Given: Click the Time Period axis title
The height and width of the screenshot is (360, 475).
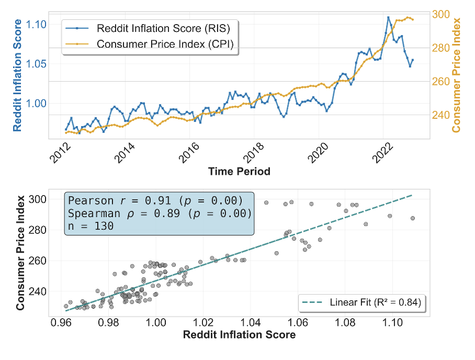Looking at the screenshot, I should (x=239, y=171).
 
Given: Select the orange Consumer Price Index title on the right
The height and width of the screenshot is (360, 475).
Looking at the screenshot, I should (x=456, y=75).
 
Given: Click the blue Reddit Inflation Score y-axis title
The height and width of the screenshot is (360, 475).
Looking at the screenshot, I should (x=17, y=75).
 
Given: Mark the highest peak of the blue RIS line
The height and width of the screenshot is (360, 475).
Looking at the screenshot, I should (x=388, y=17).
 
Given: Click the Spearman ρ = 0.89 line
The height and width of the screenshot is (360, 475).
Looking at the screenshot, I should (x=160, y=214).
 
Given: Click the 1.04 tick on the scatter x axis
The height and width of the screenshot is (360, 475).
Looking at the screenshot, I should (x=251, y=324).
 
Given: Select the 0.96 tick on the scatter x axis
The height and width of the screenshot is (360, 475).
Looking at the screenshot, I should (x=60, y=324).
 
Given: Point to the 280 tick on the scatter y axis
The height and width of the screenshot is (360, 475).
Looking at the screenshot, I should (x=39, y=230).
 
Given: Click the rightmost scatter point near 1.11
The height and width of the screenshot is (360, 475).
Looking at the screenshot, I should (x=413, y=218).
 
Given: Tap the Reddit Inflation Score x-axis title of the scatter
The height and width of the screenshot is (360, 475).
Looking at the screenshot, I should (x=239, y=335).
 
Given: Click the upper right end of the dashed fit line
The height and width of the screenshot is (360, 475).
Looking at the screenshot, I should (x=412, y=195).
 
